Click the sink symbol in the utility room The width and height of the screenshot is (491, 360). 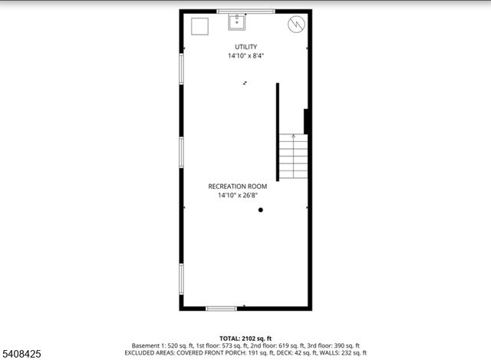pyautogui.click(x=237, y=22)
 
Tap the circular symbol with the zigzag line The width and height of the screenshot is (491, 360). pyautogui.click(x=295, y=25)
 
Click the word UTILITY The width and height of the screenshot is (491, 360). pyautogui.click(x=245, y=47)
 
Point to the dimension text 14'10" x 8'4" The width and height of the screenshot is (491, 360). pyautogui.click(x=245, y=56)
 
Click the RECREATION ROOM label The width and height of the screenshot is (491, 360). pyautogui.click(x=238, y=187)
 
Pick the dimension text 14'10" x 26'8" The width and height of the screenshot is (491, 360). pyautogui.click(x=238, y=196)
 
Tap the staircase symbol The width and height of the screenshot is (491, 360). pyautogui.click(x=292, y=156)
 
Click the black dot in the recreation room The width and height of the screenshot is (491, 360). pyautogui.click(x=261, y=210)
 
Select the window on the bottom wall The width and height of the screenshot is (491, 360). pyautogui.click(x=220, y=309)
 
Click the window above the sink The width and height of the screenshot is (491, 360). pyautogui.click(x=237, y=11)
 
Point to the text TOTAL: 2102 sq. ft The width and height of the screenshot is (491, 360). pyautogui.click(x=245, y=338)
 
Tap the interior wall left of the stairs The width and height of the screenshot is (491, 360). pyautogui.click(x=278, y=131)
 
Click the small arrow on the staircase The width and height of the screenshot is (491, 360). pyautogui.click(x=292, y=137)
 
